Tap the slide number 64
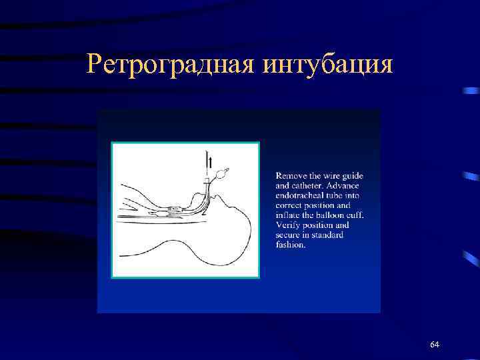tap(435, 344)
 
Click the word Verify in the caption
tap(288, 225)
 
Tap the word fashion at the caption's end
tap(290, 245)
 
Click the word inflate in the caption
tap(289, 215)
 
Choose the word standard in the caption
tap(331, 235)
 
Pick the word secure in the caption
tap(289, 235)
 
